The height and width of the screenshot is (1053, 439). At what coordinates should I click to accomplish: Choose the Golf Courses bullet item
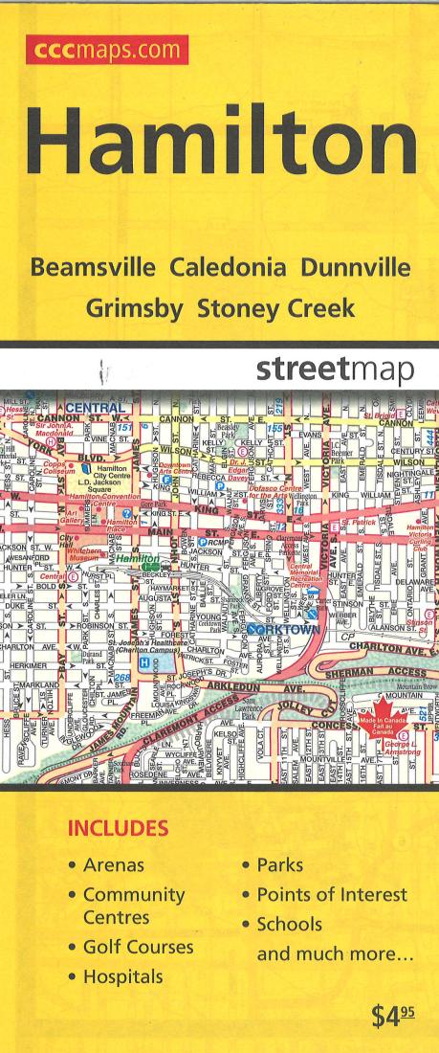pyautogui.click(x=139, y=948)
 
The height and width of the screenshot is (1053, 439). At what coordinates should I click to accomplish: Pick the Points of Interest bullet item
pyautogui.click(x=332, y=895)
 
